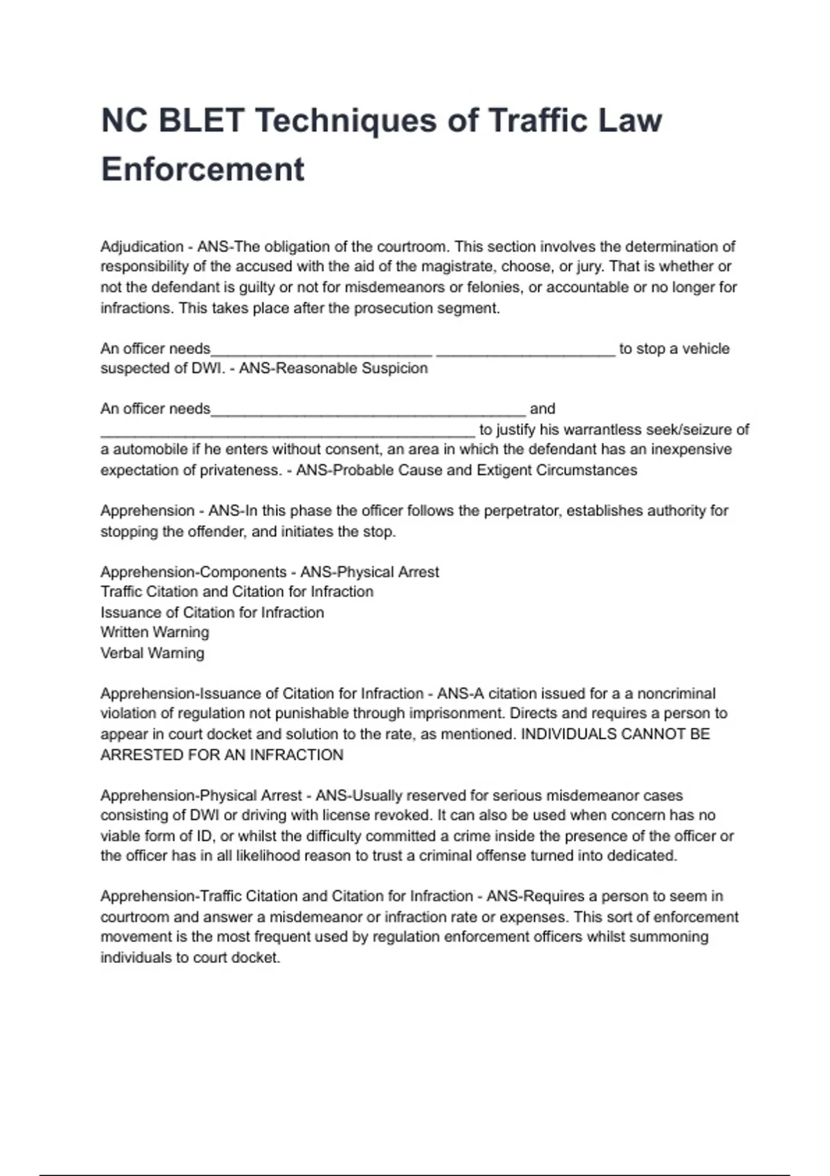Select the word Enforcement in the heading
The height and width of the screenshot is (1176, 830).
coord(203,169)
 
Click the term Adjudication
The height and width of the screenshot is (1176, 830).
coord(142,247)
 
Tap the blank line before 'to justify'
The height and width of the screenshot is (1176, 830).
coord(288,430)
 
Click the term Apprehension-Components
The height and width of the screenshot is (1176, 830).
coord(193,572)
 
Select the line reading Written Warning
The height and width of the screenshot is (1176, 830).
coord(154,632)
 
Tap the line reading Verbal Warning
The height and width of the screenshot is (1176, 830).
coord(152,653)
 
